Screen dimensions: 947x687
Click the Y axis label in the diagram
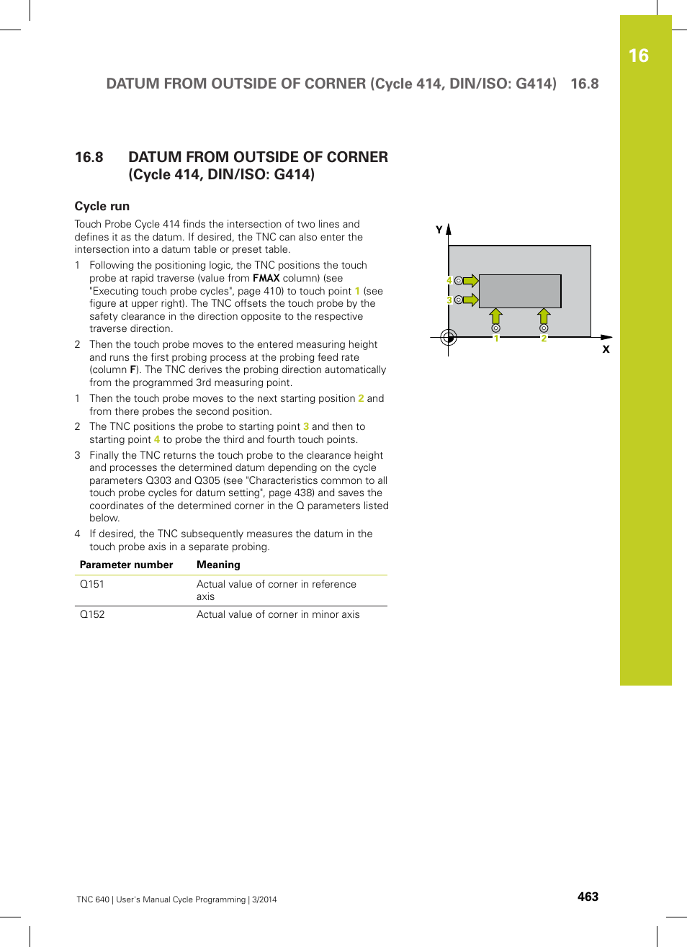[439, 230]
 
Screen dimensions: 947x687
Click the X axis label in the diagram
[606, 349]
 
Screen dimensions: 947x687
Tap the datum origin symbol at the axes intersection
[448, 337]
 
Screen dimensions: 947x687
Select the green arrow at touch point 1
[495, 316]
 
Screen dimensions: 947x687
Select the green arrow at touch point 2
[544, 316]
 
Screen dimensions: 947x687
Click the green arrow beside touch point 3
[470, 300]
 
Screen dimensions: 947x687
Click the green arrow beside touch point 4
[470, 281]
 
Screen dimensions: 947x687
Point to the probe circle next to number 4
[459, 281]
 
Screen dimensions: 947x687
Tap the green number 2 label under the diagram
[544, 338]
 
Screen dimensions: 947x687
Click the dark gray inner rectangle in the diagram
[519, 291]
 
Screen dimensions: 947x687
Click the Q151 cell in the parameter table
[92, 584]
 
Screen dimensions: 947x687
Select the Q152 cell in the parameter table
[92, 614]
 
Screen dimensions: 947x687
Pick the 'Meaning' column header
[218, 565]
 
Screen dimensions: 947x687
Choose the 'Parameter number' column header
[126, 565]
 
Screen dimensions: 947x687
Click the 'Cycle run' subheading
[102, 206]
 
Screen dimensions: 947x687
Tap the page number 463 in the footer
[588, 897]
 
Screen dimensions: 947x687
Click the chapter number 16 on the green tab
[638, 56]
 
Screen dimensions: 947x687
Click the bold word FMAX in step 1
[266, 278]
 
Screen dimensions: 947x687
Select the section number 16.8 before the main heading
[89, 157]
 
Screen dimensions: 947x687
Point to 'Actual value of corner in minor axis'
[278, 614]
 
